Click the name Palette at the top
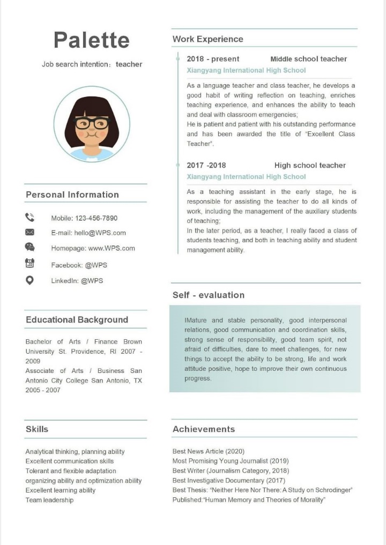click(x=92, y=40)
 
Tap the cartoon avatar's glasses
click(x=91, y=123)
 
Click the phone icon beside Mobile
click(x=29, y=217)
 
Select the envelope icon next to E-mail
click(x=29, y=232)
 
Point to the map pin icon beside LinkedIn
click(x=29, y=280)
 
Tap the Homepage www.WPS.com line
click(x=93, y=248)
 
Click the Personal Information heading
click(x=72, y=195)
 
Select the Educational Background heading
click(x=77, y=320)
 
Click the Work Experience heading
click(x=207, y=39)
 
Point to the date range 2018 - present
click(x=213, y=59)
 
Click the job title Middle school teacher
click(x=308, y=59)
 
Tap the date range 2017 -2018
click(x=206, y=165)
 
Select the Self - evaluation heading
click(x=208, y=295)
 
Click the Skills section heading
click(x=37, y=429)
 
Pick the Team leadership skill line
click(x=49, y=500)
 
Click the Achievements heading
click(x=204, y=429)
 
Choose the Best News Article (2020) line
click(x=208, y=451)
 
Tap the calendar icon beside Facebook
click(x=29, y=263)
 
